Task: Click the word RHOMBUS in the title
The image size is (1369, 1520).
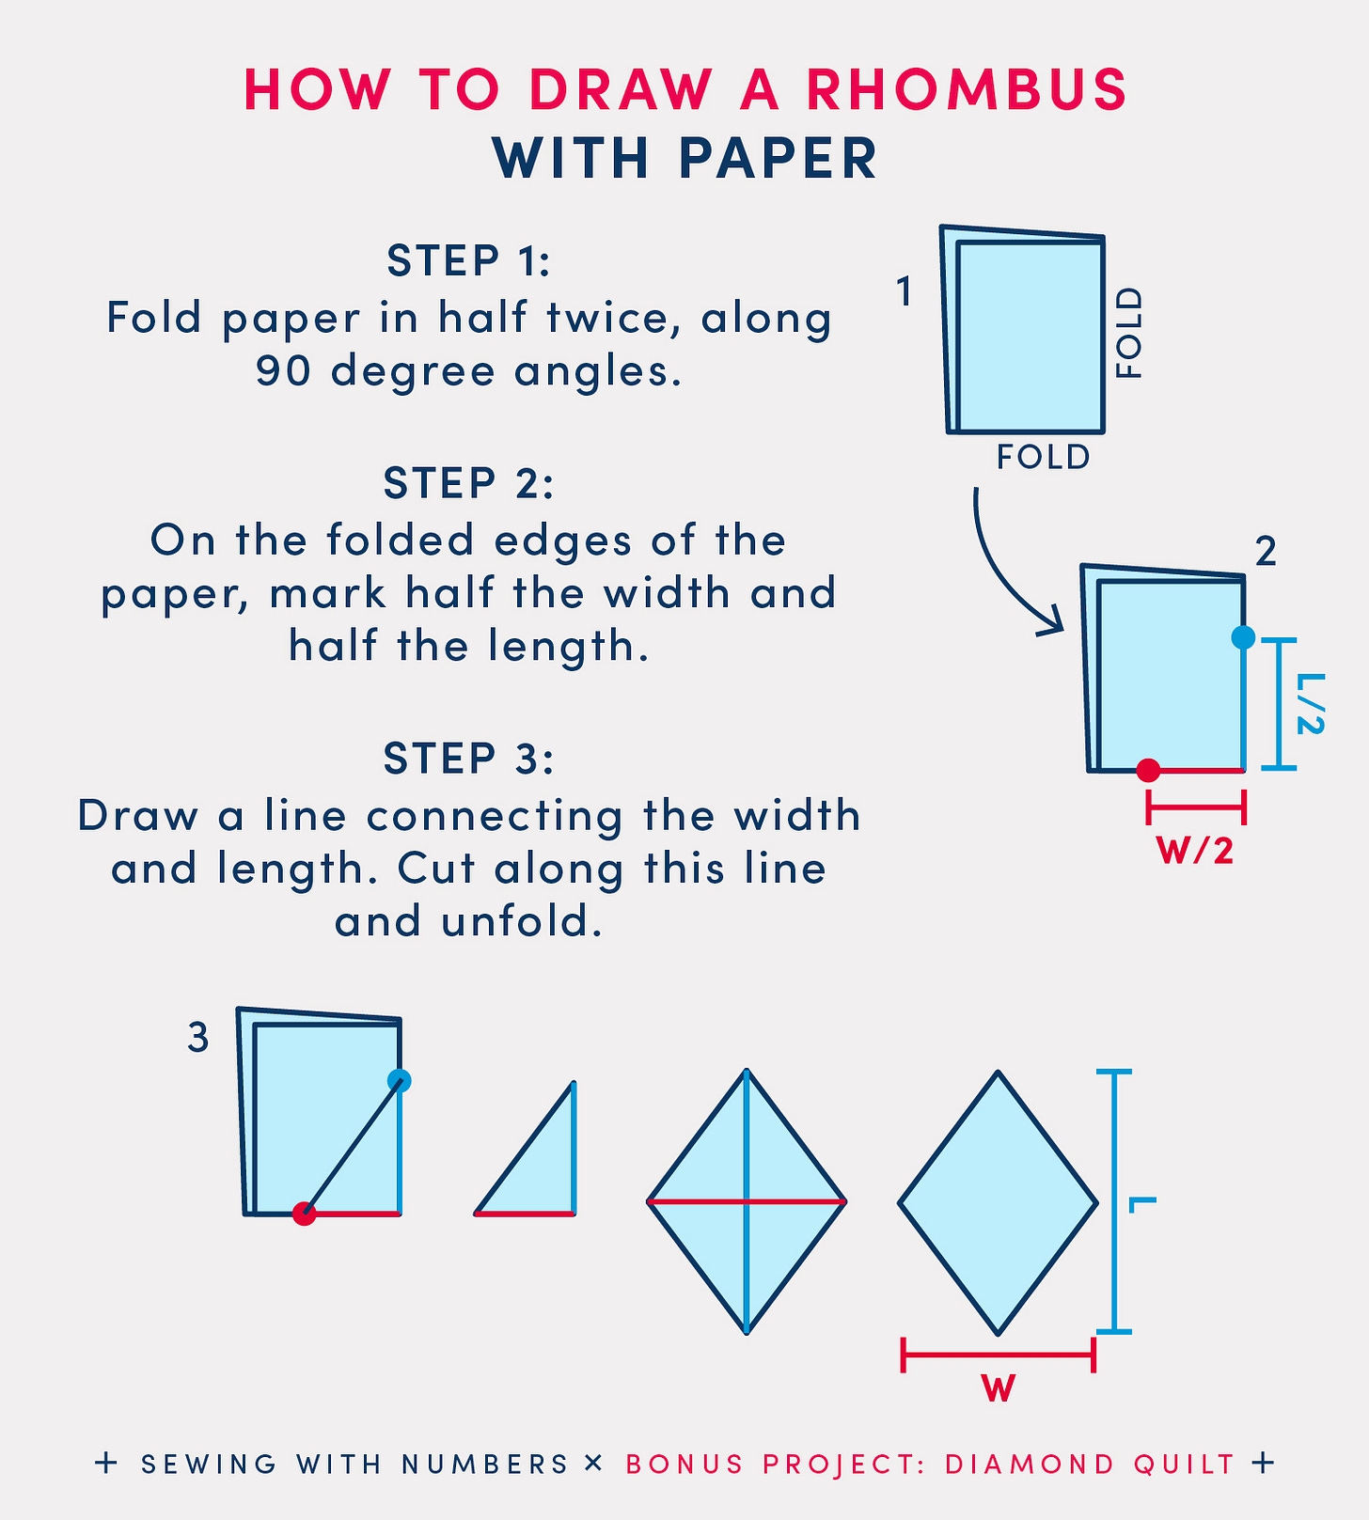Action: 967,90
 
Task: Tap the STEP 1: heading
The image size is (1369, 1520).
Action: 468,260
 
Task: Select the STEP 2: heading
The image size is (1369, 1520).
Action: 468,483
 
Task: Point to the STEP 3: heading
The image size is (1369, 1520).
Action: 468,758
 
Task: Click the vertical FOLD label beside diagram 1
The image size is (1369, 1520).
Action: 1128,334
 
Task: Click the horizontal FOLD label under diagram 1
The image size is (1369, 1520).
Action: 1043,457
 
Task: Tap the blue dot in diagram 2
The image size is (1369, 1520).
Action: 1243,637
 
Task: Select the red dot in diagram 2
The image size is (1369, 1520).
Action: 1148,770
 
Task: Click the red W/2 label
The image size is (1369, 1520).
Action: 1194,851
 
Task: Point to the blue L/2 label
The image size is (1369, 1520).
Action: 1311,703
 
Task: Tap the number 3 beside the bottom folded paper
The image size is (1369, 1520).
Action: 197,1038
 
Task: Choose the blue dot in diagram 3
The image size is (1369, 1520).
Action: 400,1080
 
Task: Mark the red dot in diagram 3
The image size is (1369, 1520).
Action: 304,1214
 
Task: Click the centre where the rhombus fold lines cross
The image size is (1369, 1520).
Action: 747,1201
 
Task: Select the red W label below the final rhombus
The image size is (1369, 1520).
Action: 999,1388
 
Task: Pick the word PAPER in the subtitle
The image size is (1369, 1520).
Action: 779,158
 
